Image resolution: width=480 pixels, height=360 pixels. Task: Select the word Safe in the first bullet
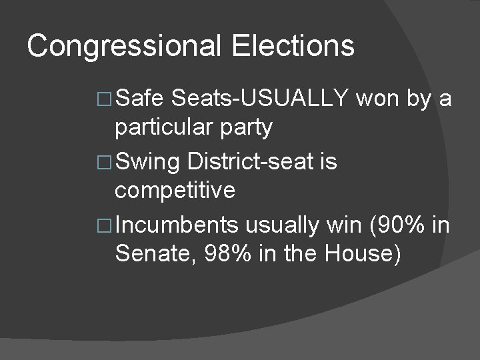pos(139,99)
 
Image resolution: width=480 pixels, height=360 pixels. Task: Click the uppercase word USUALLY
pos(295,99)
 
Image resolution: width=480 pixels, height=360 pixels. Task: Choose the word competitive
pos(175,191)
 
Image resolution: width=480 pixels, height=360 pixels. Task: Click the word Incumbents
pos(177,225)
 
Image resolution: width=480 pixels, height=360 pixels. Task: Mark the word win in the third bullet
pos(341,225)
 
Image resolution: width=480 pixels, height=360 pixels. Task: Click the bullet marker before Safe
pos(104,99)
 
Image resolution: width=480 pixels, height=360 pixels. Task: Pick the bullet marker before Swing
pos(104,163)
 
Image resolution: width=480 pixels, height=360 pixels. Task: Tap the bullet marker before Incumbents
pos(104,226)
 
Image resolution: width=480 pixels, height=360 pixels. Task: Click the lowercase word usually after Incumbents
pos(282,225)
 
